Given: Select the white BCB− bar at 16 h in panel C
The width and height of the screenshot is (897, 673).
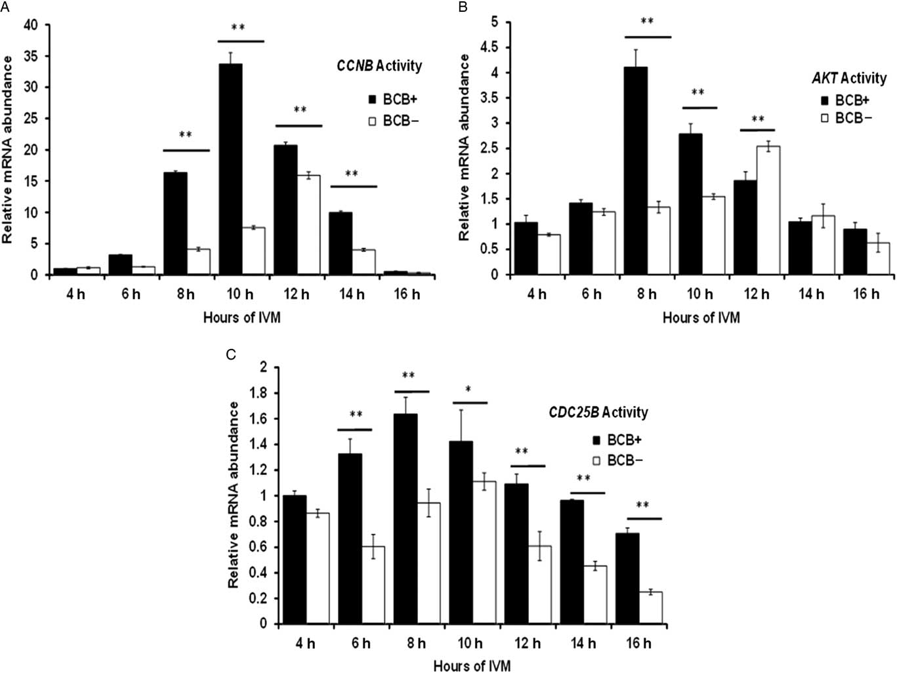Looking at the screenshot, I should pos(650,607).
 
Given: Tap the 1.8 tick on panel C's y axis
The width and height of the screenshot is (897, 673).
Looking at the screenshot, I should pos(252,394).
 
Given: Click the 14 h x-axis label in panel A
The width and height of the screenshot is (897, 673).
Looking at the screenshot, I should pos(352,295).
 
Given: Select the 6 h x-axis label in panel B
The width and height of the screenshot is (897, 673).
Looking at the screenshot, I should pos(592,295).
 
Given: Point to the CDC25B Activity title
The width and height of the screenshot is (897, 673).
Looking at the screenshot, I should pos(598,413).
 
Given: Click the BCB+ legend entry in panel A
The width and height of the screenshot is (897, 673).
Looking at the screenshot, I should pos(392,100).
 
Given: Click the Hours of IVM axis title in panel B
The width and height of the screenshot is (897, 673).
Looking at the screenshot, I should pos(701,318).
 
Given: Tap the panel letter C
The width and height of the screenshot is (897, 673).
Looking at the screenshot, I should pos(230,354).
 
